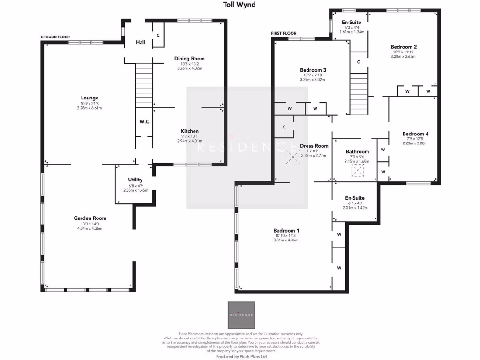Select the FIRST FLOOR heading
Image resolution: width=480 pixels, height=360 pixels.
[284, 33]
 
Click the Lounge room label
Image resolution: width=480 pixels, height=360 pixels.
[89, 98]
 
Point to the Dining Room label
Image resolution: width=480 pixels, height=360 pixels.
[189, 59]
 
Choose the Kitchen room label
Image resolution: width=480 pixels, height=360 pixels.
[190, 131]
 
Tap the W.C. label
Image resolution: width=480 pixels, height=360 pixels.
[144, 122]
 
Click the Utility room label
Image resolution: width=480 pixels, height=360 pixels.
[135, 180]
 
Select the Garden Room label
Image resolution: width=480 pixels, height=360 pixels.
[90, 218]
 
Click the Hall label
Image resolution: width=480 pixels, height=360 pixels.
[141, 42]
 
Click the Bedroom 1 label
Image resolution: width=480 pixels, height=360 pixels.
[286, 231]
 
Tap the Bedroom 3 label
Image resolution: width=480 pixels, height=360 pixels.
[313, 70]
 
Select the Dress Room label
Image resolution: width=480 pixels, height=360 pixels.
[314, 146]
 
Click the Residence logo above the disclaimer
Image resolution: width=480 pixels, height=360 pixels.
[241, 315]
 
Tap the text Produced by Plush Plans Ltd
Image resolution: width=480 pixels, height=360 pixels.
[241, 356]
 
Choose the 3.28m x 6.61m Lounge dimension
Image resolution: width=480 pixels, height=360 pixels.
[89, 108]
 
